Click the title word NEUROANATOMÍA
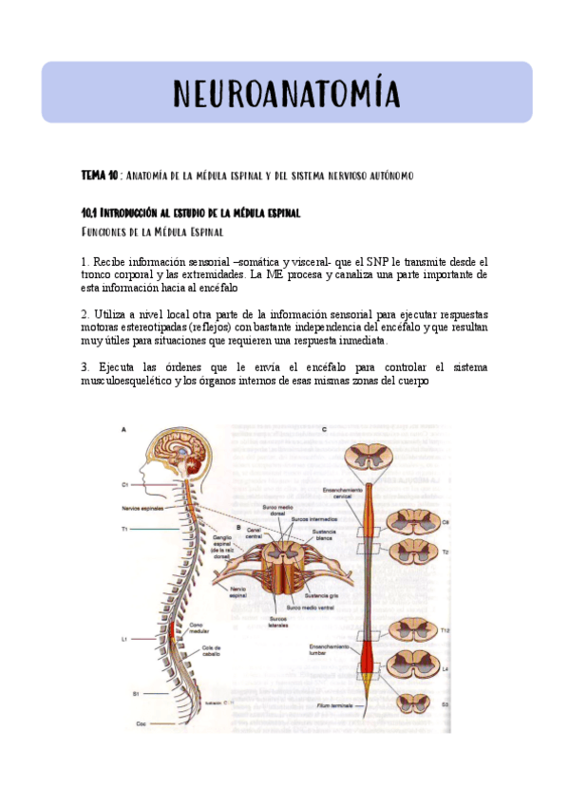click(x=286, y=94)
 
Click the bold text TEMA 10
click(x=99, y=177)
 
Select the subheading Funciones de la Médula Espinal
click(x=152, y=232)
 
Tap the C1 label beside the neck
click(x=124, y=484)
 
